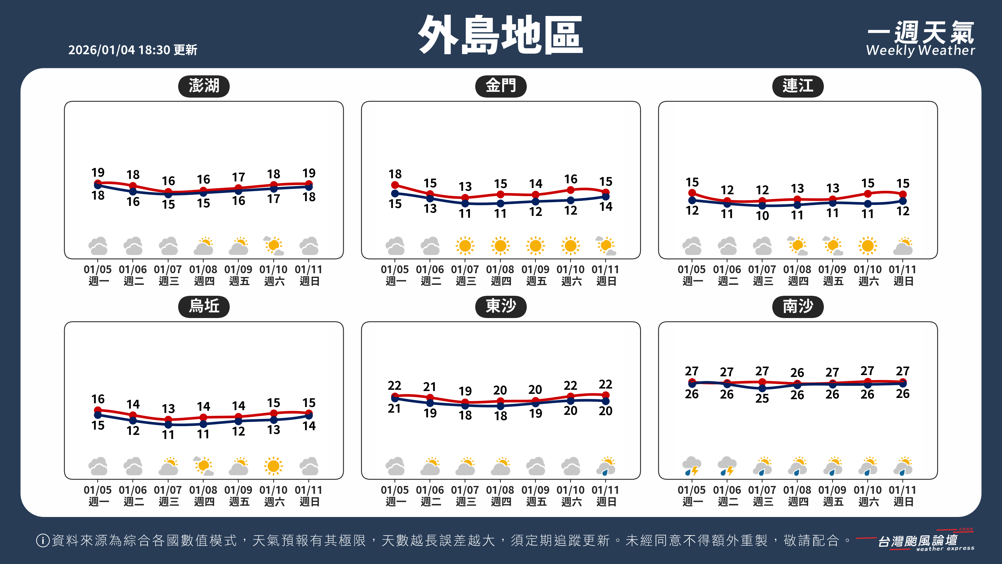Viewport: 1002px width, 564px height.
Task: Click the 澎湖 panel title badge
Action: coord(204,86)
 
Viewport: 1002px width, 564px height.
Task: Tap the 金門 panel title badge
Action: coord(501,86)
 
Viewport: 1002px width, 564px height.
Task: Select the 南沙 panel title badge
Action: coord(798,307)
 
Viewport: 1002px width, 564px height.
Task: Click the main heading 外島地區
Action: coord(500,35)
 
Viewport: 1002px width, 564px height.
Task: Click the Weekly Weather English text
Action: coord(920,50)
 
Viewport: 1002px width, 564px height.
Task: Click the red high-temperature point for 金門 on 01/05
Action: coord(395,185)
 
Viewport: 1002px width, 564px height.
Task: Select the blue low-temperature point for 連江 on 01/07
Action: coord(762,205)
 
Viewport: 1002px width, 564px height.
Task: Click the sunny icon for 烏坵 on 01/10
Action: coord(273,466)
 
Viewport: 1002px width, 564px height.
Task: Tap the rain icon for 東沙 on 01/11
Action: coord(606,466)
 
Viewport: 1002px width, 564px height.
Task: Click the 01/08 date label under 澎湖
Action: coord(203,269)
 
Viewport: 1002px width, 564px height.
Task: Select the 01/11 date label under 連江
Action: coord(902,269)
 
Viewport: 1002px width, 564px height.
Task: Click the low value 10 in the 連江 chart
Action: coord(762,216)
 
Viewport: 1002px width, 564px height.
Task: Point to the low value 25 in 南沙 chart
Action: coord(762,398)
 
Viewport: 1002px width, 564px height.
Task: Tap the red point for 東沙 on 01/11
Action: coord(606,395)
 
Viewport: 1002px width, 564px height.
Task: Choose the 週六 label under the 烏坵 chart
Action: coord(274,502)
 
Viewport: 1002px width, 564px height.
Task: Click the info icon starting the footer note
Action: coord(42,540)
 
